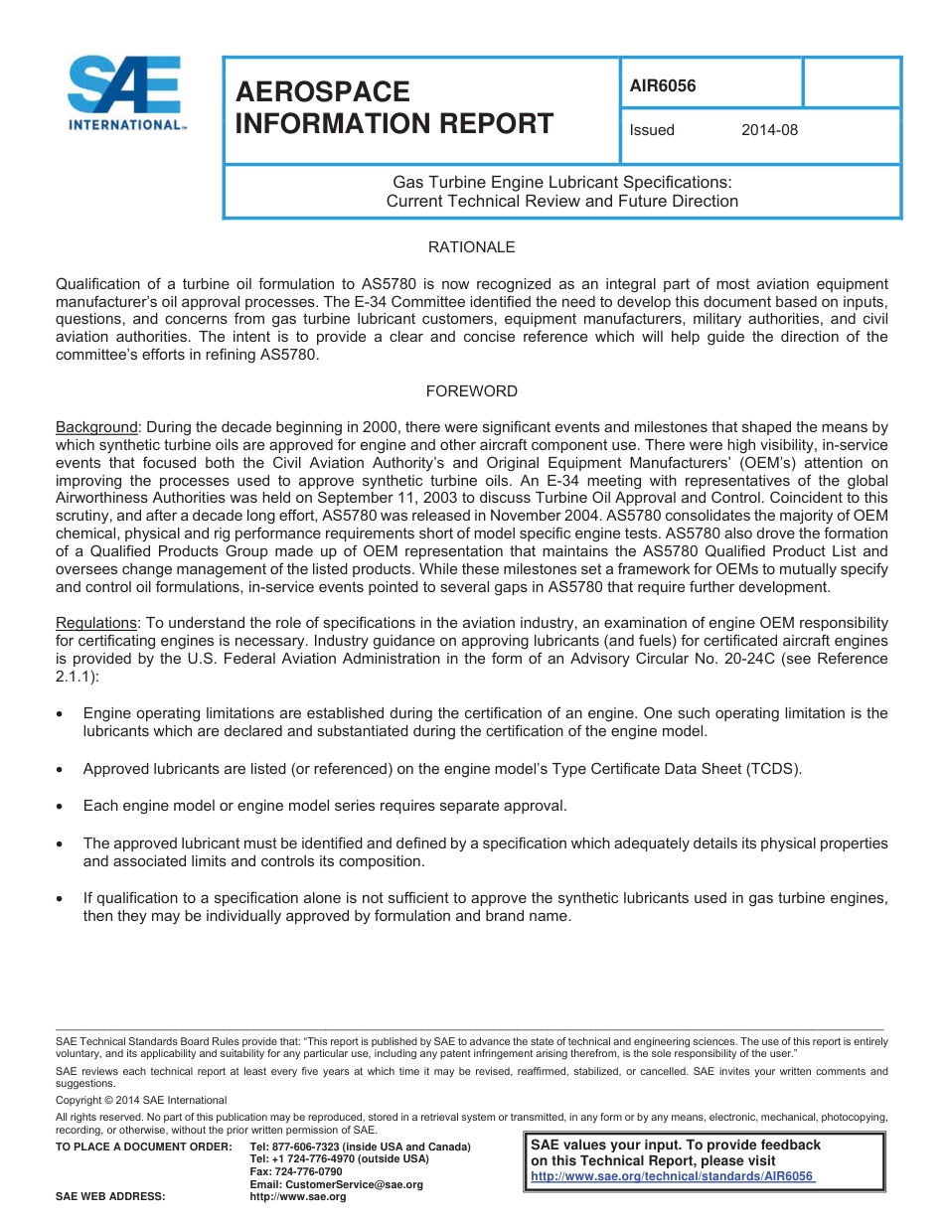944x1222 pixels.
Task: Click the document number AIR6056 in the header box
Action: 663,85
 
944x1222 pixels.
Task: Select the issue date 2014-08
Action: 769,130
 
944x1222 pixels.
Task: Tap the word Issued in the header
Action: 652,130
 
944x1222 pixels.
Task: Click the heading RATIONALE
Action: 471,247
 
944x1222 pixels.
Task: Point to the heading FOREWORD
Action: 471,391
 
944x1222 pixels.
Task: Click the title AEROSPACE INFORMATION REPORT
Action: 393,107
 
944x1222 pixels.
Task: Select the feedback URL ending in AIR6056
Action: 673,1176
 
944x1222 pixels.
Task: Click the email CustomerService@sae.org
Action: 336,1184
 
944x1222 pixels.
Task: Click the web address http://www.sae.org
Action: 298,1197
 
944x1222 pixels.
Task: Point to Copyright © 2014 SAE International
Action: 141,1100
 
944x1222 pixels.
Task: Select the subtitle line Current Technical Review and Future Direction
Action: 561,201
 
